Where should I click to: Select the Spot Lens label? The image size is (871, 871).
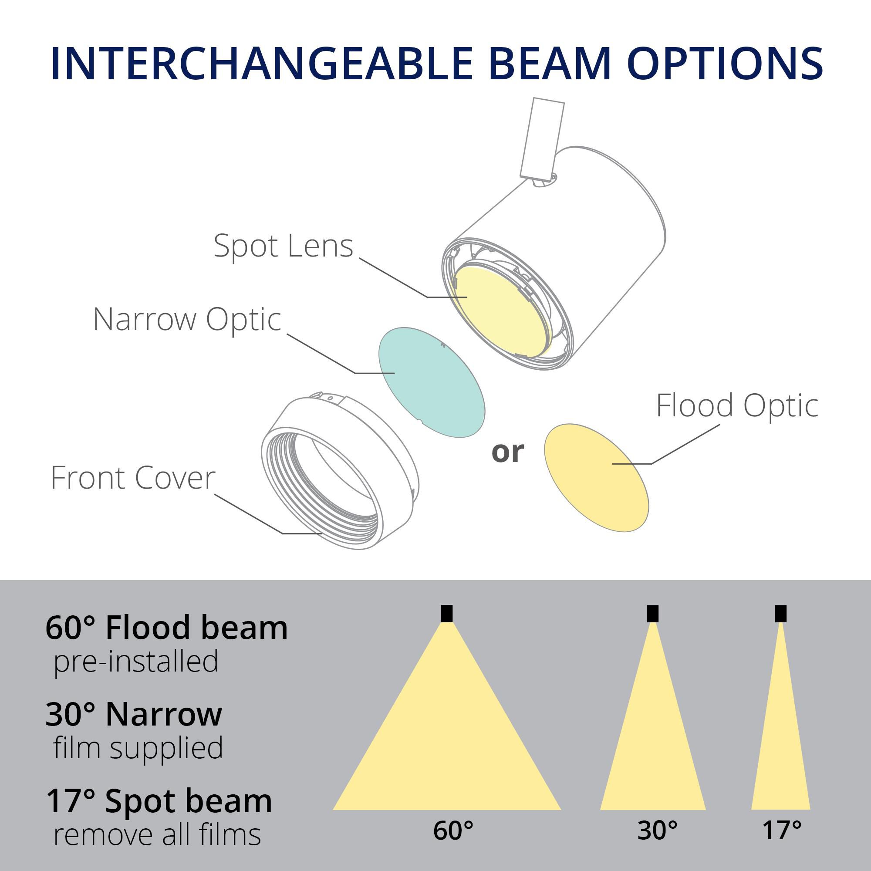tap(283, 246)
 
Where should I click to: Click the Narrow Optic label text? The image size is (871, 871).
tap(187, 319)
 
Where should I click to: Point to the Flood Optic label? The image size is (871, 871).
tap(737, 405)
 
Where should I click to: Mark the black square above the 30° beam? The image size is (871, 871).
tap(652, 614)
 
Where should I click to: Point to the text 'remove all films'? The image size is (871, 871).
tap(157, 835)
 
